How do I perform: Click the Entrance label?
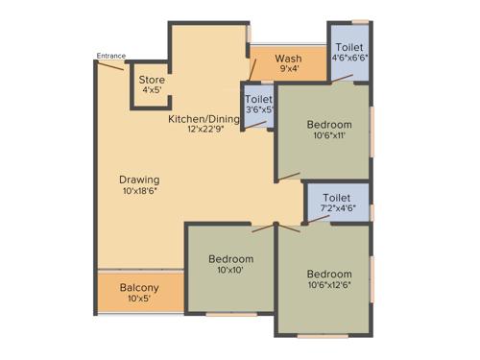coord(110,56)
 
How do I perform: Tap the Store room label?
coord(152,80)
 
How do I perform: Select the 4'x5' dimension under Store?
coord(152,90)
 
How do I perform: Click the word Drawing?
coord(139,180)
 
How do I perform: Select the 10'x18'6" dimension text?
coord(139,191)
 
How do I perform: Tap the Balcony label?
coord(139,288)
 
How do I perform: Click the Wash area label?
coord(288,58)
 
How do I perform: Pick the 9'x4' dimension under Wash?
coord(288,68)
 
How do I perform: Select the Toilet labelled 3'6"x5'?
coord(259,99)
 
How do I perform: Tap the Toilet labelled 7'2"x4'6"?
coord(337,199)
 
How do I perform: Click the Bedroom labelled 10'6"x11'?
coord(329,124)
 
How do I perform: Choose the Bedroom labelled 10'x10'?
coord(231,259)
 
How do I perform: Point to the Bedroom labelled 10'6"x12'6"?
coord(329,273)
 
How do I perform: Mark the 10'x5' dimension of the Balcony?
coord(139,300)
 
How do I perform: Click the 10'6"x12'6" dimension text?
coord(329,284)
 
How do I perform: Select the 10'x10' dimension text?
coord(231,271)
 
